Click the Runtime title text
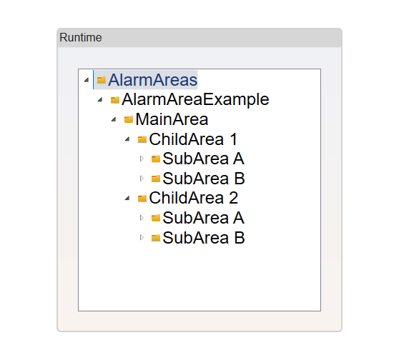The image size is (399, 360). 81,38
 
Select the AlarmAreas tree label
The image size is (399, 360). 153,80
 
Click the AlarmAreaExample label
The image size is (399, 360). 195,99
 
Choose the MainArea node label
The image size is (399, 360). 172,119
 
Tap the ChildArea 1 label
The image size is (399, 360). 193,139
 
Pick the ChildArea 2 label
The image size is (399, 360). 194,198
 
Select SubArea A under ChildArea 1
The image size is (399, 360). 204,159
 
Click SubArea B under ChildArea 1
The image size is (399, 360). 204,179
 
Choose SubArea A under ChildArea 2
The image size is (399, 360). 204,218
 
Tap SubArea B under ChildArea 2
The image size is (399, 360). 204,238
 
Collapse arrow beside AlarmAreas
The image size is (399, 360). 87,80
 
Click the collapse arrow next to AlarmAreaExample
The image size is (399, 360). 100,100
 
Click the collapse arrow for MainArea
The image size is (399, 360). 114,119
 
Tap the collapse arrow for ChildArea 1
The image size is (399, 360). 127,139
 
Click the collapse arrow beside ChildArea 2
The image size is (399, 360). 127,198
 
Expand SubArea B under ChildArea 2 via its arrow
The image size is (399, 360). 142,237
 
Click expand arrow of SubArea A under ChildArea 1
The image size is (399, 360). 142,159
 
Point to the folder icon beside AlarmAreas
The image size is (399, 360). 102,80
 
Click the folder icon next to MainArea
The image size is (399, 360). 129,119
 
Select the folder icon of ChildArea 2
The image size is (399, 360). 142,198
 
